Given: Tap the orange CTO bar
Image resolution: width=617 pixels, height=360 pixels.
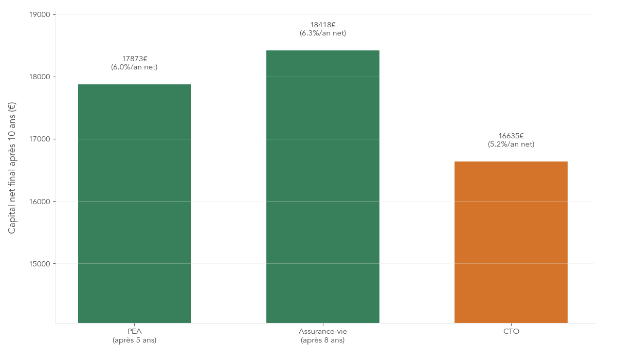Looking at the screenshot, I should pos(511,242).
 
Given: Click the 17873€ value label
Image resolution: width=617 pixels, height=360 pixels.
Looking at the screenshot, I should pos(135,59).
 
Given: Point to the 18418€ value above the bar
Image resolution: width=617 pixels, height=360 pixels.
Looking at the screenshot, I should pos(323,25).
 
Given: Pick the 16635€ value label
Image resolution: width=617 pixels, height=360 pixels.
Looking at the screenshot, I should pos(511,136).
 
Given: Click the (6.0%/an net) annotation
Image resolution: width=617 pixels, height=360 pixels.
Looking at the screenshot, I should pos(134,67).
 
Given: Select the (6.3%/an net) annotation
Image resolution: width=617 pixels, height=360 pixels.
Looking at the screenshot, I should pos(323,33).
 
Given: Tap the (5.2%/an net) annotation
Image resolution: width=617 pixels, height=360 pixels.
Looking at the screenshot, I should pos(511,145).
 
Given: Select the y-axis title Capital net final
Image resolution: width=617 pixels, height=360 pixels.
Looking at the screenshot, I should pos(12,168).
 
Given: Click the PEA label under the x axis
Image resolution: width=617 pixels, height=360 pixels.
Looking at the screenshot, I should pos(134,332).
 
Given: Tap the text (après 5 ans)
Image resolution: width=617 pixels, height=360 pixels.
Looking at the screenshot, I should pos(134,340).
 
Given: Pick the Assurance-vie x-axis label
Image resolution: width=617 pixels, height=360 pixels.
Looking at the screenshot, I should pos(322,332).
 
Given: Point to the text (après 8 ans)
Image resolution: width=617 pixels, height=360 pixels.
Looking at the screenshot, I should pos(322,340).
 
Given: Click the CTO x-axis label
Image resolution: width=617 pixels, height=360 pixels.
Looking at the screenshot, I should pos(511,332).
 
